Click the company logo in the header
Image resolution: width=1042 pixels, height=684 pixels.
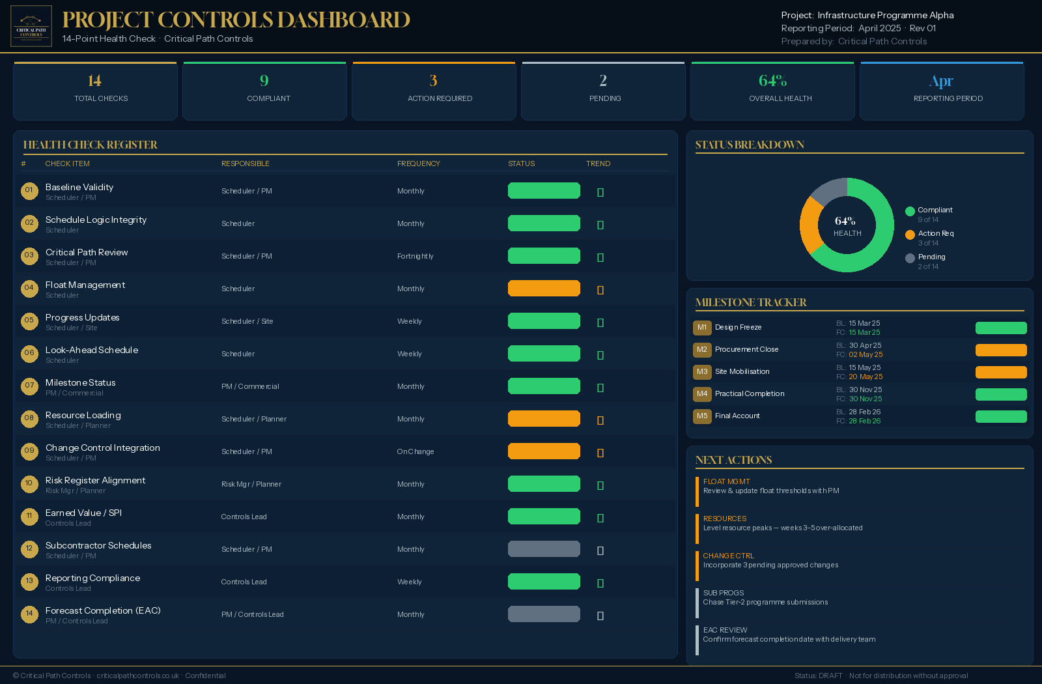(31, 26)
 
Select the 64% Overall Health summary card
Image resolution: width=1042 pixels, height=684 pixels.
(772, 91)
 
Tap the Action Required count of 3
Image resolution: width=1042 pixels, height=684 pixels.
(433, 81)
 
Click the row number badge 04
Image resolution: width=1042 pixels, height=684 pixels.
(29, 288)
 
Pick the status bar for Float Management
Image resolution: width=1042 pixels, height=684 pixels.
(544, 289)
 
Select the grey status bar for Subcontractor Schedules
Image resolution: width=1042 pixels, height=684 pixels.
(544, 549)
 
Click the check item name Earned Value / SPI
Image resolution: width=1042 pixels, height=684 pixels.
(83, 513)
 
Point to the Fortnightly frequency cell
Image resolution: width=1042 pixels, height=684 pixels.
(415, 256)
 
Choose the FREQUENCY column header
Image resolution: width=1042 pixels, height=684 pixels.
(419, 164)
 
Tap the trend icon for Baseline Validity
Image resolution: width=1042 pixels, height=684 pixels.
(600, 192)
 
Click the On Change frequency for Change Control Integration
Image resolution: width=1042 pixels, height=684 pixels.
(415, 451)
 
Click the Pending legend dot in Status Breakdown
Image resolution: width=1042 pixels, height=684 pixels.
(910, 258)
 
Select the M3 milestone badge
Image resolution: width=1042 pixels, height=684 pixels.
(702, 372)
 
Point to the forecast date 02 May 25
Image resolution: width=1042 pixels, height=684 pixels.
(866, 354)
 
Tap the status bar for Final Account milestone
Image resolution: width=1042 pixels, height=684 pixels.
(1001, 416)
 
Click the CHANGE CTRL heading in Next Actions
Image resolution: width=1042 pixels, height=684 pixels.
(728, 556)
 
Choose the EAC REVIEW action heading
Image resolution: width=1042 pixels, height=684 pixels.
(725, 630)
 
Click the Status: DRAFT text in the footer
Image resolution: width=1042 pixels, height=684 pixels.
(818, 676)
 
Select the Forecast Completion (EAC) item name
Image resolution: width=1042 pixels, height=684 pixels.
(103, 610)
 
